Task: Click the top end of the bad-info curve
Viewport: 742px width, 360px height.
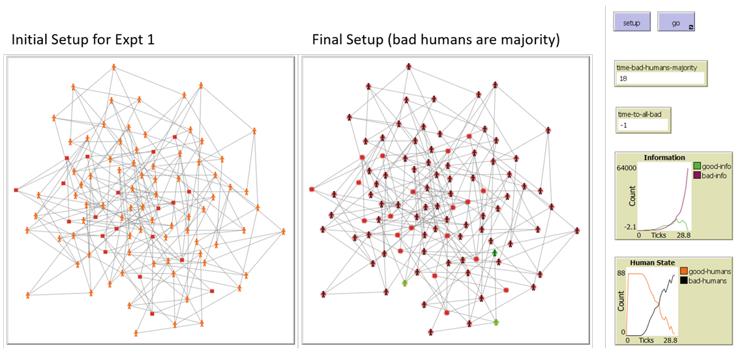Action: pos(688,170)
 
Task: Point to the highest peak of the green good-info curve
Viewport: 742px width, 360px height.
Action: pos(681,220)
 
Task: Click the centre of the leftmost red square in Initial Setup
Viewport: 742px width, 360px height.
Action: pos(16,190)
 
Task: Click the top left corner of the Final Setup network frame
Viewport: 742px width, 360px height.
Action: pos(301,56)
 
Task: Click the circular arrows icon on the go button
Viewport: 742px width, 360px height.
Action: pos(691,27)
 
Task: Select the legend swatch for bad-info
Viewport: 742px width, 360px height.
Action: pos(696,175)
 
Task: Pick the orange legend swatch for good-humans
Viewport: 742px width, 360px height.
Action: pos(683,271)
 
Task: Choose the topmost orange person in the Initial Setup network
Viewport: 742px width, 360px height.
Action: pos(113,67)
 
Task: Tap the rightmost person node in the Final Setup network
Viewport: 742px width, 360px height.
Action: pos(577,230)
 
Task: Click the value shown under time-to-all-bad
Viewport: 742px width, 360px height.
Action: pos(622,125)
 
